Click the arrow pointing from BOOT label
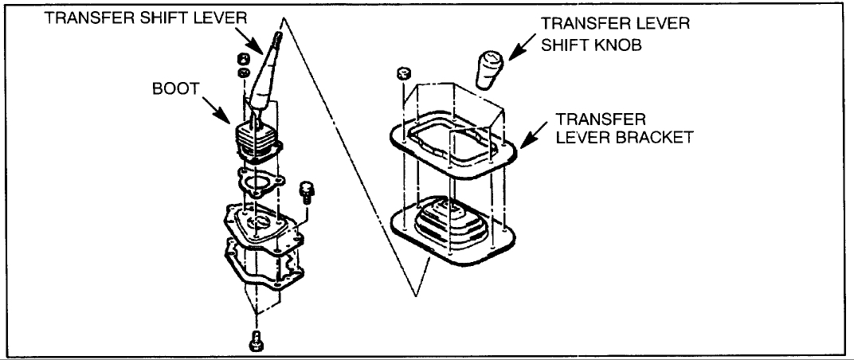click(217, 109)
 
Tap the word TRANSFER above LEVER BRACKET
click(590, 119)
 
